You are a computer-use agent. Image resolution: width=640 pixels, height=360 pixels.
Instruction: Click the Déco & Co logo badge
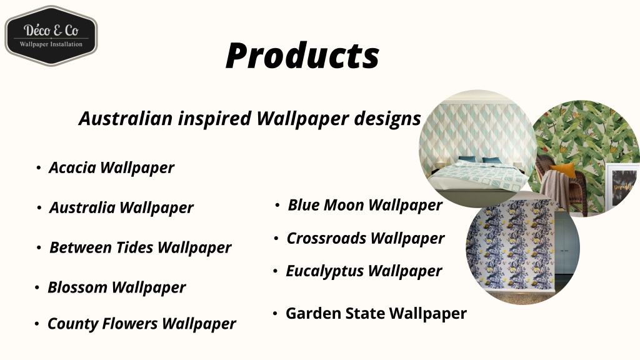click(51, 36)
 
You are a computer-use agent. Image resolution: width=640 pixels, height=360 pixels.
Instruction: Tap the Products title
click(302, 56)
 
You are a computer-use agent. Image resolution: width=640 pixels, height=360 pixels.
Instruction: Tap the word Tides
click(136, 247)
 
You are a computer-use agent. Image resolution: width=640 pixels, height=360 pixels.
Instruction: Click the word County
click(71, 324)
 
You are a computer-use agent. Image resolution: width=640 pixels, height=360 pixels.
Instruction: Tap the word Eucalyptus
click(325, 271)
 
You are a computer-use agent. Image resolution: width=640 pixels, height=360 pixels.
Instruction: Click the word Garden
click(311, 313)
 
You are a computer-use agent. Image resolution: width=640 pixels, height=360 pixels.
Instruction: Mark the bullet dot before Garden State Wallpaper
click(275, 313)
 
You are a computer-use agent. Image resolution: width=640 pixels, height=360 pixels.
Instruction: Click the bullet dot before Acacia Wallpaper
click(39, 168)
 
